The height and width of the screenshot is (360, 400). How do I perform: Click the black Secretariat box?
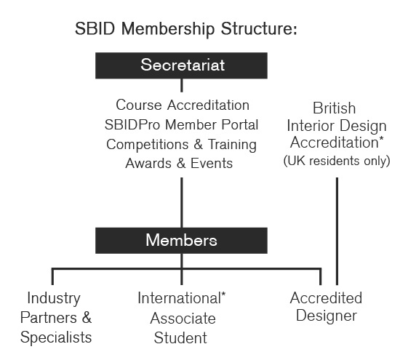pyautogui.click(x=182, y=65)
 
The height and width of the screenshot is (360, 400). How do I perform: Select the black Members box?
pyautogui.click(x=182, y=240)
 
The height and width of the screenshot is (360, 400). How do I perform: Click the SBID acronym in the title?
pyautogui.click(x=92, y=31)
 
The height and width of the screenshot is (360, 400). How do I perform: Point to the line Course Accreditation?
pyautogui.click(x=182, y=105)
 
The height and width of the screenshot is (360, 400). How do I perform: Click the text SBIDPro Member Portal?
pyautogui.click(x=182, y=124)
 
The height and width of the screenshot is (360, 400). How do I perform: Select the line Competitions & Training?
pyautogui.click(x=182, y=144)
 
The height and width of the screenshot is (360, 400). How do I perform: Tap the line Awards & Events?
pyautogui.click(x=182, y=163)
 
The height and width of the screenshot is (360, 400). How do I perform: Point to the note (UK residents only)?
pyautogui.click(x=336, y=160)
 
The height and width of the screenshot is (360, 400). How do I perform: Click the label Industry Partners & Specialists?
pyautogui.click(x=56, y=318)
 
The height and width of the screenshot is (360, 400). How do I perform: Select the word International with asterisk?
pyautogui.click(x=182, y=298)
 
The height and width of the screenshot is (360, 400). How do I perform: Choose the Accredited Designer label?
pyautogui.click(x=325, y=307)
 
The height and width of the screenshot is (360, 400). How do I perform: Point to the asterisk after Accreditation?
pyautogui.click(x=381, y=138)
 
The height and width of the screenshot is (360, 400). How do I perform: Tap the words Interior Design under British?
pyautogui.click(x=336, y=125)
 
